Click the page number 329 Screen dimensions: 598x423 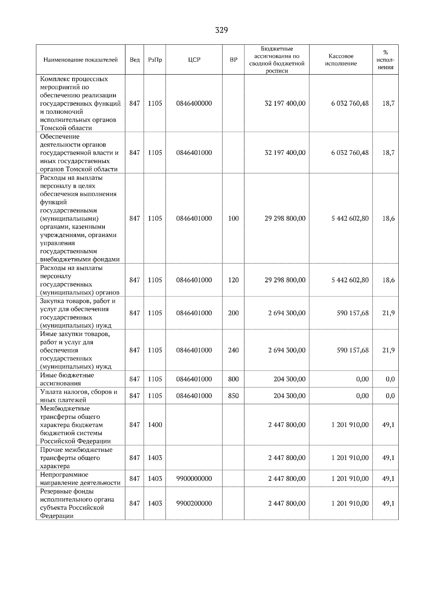221,30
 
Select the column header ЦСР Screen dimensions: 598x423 194,60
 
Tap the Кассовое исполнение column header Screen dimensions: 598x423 341,60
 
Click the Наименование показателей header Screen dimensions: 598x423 80,60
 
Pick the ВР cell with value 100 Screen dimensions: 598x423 233,218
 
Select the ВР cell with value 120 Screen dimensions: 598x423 233,280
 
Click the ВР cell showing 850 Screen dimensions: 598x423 233,396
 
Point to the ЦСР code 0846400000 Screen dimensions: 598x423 194,104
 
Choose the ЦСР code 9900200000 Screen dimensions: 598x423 194,504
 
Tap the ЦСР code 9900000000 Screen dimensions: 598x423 194,479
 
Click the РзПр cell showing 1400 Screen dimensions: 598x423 155,425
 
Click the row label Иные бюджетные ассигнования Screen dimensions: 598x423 67,379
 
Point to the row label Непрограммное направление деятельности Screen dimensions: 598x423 80,479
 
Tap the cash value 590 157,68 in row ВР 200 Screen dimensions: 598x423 352,313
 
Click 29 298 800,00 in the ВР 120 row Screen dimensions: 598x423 285,280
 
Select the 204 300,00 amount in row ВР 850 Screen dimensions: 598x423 289,396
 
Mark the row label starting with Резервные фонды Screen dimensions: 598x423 77,504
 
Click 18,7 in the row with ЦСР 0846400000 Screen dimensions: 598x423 388,104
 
